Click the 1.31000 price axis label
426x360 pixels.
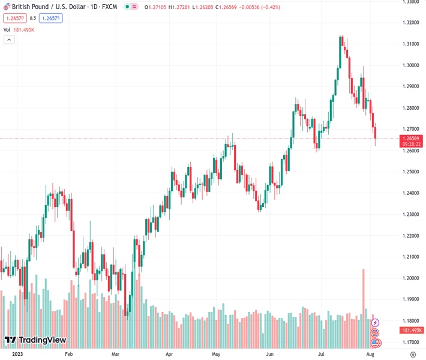click(x=411, y=44)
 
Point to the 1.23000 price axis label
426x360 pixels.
click(x=411, y=214)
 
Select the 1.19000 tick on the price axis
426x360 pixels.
click(x=411, y=299)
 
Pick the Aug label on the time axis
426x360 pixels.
click(x=371, y=355)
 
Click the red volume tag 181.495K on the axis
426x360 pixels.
click(x=411, y=330)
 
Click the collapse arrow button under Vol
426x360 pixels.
click(x=9, y=40)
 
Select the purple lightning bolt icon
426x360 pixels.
click(x=376, y=323)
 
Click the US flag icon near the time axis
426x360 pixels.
click(x=376, y=343)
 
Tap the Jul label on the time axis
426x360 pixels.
click(x=322, y=355)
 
